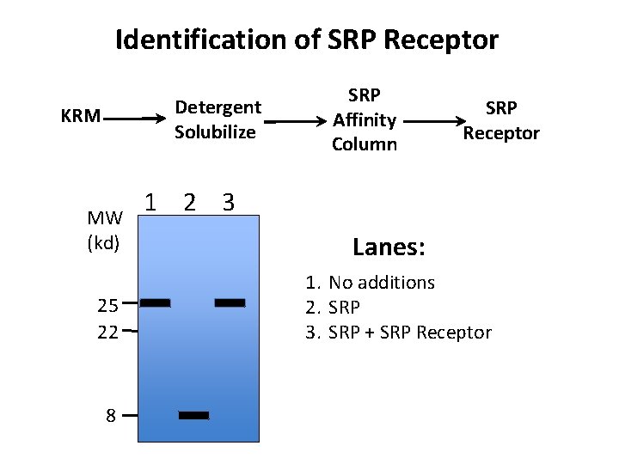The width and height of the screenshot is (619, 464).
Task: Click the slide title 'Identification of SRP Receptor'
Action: pos(307,40)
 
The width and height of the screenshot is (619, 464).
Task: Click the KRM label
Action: pos(81,116)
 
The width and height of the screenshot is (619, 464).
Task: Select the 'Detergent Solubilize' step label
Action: pos(217,119)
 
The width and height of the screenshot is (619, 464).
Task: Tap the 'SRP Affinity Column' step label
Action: pos(365,119)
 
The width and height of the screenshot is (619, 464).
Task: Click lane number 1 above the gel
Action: pos(150,202)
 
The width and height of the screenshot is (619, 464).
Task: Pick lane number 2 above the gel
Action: pos(190,202)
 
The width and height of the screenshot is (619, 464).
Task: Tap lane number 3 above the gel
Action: pos(228,202)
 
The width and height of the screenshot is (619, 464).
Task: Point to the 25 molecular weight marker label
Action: pos(107,304)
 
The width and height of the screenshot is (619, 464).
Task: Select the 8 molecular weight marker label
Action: pos(111,416)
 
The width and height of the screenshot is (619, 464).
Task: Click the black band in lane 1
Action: pos(156,302)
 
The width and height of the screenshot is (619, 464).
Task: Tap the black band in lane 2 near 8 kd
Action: pos(193,415)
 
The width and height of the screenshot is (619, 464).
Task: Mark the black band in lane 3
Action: pos(230,302)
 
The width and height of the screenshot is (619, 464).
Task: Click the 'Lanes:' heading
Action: pos(389,247)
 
